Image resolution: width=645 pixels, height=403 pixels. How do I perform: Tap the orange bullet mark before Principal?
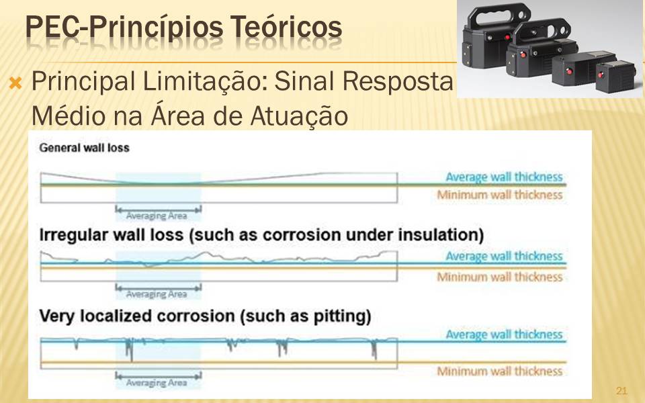pos(15,83)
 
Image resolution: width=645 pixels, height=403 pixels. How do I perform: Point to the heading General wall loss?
pos(85,148)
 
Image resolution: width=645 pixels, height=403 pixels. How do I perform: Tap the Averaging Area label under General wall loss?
pos(157,216)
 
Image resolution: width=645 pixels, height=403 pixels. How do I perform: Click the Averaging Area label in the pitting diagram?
pos(157,383)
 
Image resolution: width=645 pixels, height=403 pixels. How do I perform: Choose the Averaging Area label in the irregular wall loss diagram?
pos(157,294)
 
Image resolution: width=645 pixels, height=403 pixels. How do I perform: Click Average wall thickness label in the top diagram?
pos(504,177)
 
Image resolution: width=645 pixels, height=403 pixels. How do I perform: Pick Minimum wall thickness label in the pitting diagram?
pos(499,371)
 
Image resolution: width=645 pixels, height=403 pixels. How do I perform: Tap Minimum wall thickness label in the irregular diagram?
pos(499,277)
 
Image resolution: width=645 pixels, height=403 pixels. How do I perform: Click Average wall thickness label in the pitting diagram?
pos(504,334)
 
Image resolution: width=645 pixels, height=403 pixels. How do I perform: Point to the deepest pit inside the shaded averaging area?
pos(130,349)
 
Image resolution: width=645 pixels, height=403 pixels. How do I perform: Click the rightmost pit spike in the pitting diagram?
pos(374,349)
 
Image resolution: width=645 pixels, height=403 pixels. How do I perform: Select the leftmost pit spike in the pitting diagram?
pos(76,344)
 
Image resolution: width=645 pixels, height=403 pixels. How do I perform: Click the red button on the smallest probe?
pos(601,75)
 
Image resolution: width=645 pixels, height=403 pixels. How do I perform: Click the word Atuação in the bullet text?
pos(299,116)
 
